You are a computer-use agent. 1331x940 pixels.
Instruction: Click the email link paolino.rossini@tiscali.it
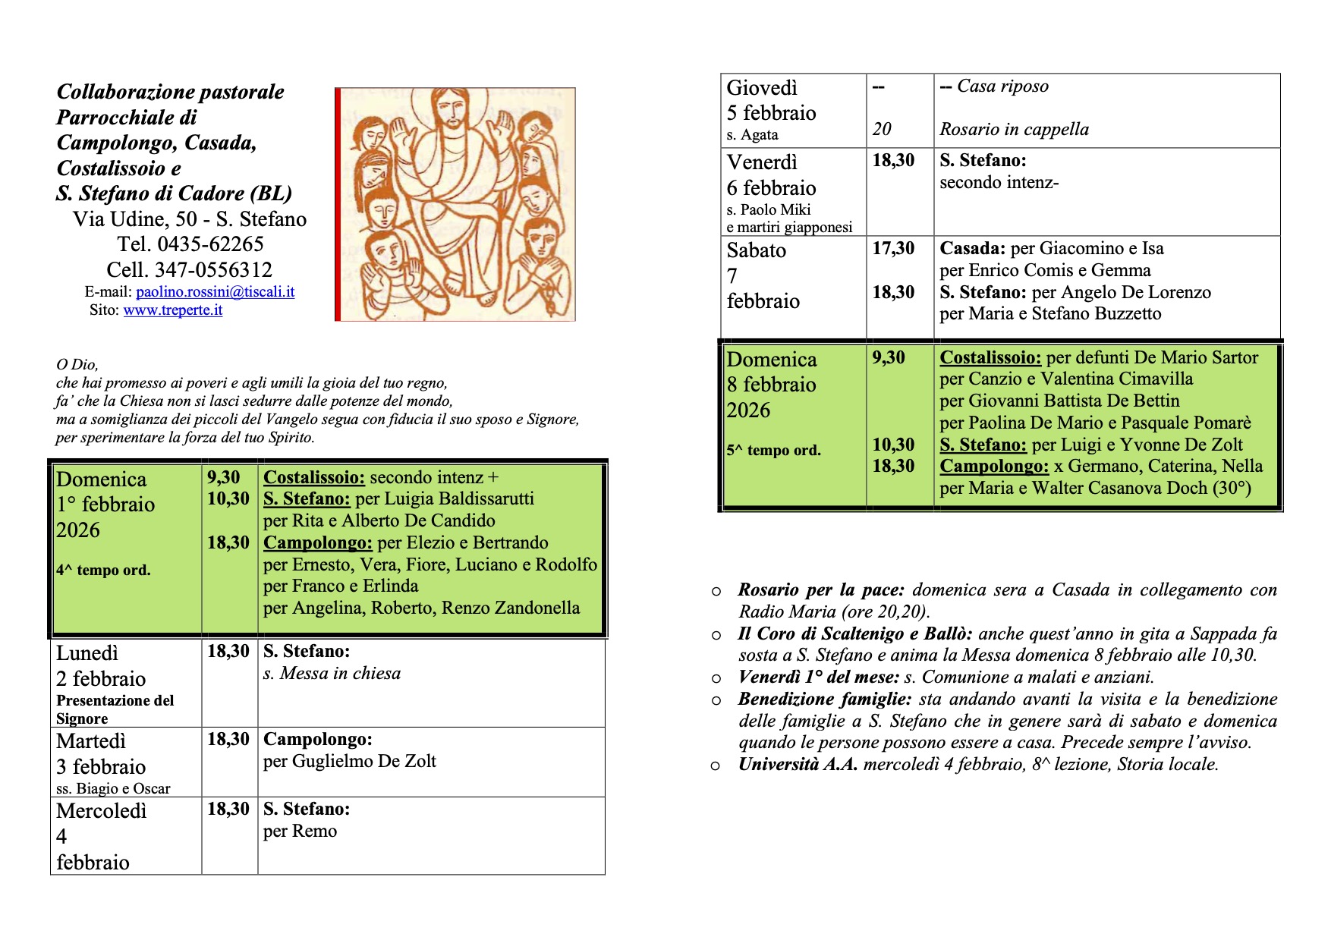click(215, 292)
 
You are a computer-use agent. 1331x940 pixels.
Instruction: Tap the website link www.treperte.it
click(172, 310)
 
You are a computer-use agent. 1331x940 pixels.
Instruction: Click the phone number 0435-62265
click(210, 244)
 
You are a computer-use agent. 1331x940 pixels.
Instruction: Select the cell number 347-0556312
click(213, 270)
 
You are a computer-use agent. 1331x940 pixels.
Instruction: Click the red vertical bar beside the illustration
click(338, 205)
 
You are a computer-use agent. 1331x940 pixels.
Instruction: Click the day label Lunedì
click(87, 653)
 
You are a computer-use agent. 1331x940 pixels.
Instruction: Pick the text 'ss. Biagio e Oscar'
click(113, 788)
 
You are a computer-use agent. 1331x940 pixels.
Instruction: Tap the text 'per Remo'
click(300, 832)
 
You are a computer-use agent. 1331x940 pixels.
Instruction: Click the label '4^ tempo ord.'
click(103, 571)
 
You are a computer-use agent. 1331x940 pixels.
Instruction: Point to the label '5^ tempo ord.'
click(773, 450)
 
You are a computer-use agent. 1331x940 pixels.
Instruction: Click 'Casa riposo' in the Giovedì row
click(1002, 86)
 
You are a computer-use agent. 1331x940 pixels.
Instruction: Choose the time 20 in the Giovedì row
click(882, 129)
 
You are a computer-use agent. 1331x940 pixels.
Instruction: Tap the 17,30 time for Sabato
click(893, 248)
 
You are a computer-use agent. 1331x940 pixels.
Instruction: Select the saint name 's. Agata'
click(752, 135)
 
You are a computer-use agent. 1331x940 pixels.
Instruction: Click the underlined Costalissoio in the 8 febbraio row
click(990, 357)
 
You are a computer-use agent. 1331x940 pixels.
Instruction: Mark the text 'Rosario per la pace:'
click(821, 590)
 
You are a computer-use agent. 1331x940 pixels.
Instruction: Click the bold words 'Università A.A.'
click(798, 765)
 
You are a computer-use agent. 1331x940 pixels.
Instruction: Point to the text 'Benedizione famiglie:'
click(824, 699)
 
